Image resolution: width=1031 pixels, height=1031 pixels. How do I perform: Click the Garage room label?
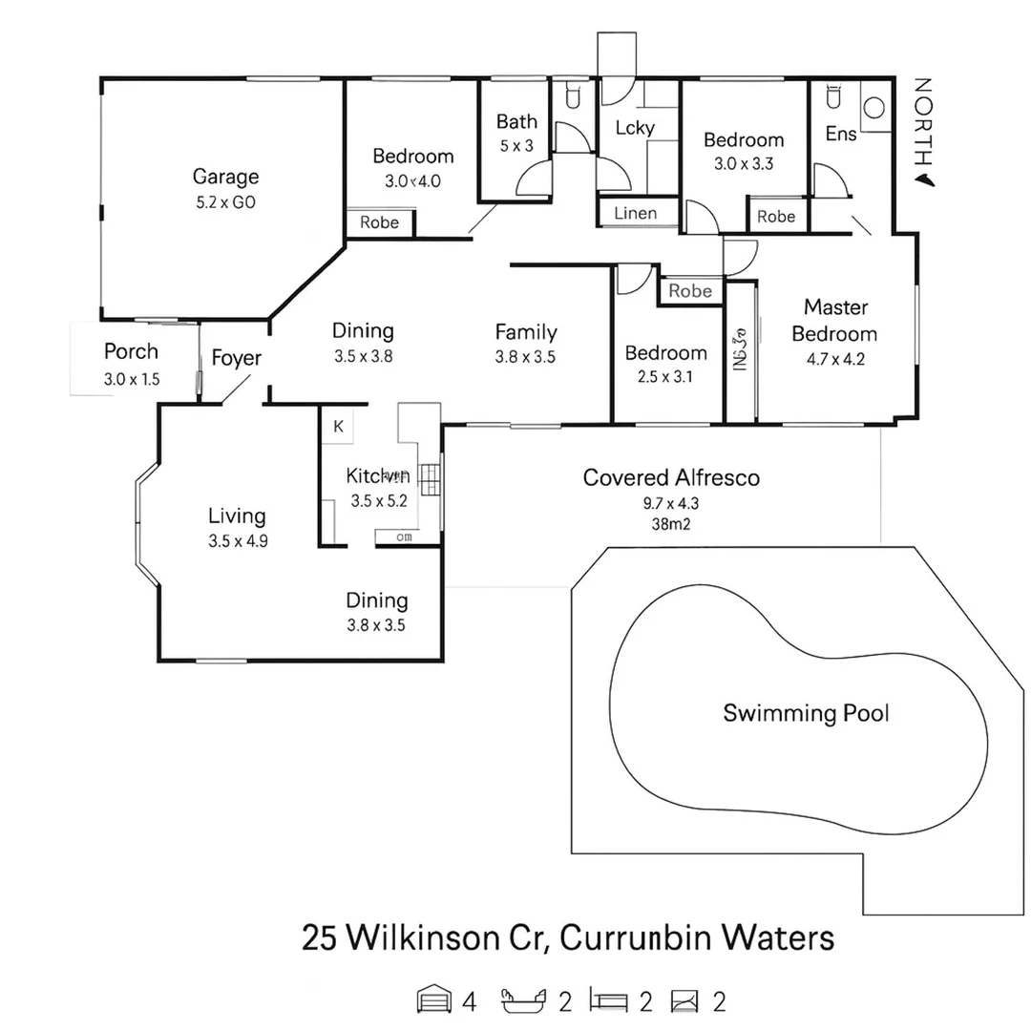(x=225, y=177)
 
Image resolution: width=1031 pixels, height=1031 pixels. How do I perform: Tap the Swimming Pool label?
(x=806, y=712)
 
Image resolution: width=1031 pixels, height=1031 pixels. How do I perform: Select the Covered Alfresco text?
(x=671, y=477)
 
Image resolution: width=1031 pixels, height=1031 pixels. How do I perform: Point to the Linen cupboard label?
(x=635, y=213)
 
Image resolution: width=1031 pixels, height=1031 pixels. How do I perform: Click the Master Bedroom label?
(x=834, y=321)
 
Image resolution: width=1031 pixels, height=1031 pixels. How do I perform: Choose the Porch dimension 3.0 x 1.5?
(x=132, y=379)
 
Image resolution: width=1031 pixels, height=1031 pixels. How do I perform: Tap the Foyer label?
(x=236, y=359)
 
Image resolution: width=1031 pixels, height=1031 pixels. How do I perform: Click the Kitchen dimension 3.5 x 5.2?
(x=379, y=500)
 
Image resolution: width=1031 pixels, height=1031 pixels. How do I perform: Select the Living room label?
(x=237, y=516)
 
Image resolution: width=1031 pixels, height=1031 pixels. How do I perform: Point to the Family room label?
(x=526, y=332)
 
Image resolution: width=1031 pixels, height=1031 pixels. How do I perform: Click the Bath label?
(x=516, y=122)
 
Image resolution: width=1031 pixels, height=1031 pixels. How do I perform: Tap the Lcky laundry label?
(x=634, y=128)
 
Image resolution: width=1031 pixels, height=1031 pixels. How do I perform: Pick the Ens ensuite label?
(x=841, y=135)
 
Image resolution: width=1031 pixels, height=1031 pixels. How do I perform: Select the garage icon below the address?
(x=433, y=1000)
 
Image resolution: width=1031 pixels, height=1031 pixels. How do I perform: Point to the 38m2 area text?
(x=671, y=522)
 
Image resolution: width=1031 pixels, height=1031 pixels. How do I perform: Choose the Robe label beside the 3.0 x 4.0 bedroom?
(x=379, y=222)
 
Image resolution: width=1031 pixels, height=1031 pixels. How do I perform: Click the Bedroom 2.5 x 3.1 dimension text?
(x=665, y=376)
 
